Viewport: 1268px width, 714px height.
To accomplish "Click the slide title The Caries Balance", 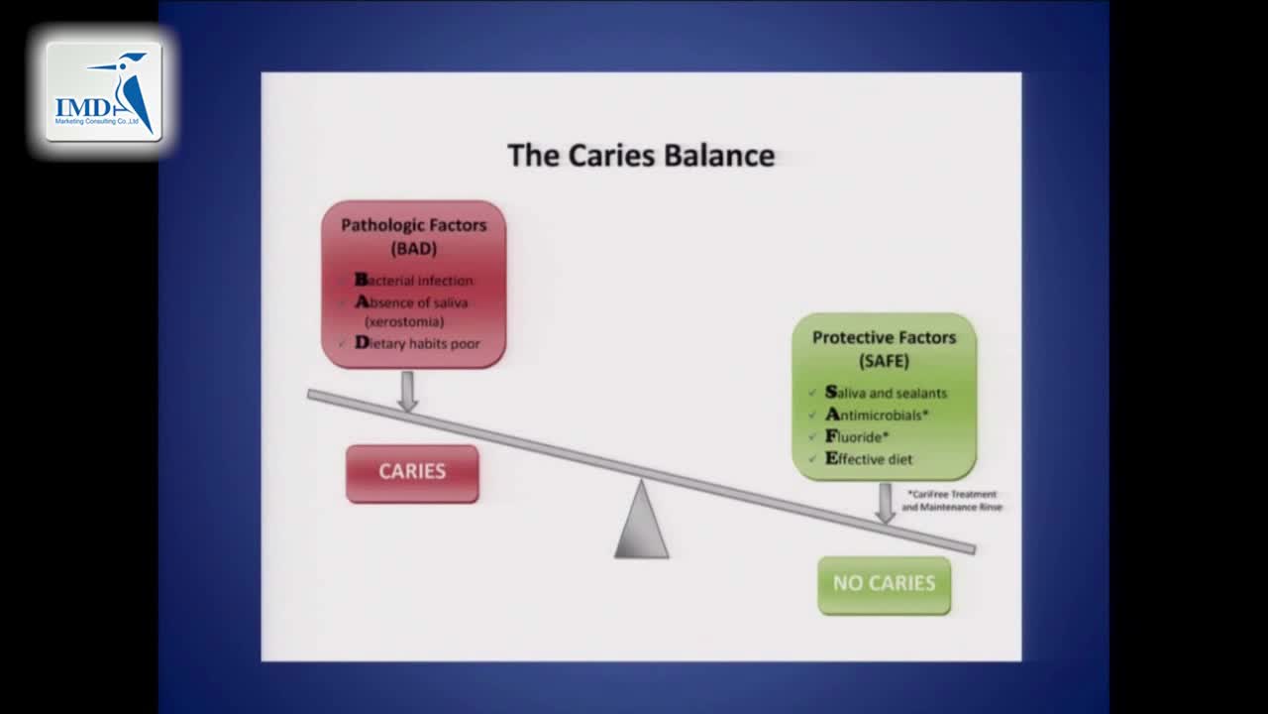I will point(641,156).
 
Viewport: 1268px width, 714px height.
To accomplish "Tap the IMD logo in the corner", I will point(104,91).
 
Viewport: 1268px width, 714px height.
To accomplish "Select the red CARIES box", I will point(412,472).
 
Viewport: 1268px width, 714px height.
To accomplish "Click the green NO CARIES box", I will point(884,583).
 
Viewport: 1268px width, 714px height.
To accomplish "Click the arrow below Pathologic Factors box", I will point(407,390).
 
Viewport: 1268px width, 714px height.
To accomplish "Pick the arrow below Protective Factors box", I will point(885,502).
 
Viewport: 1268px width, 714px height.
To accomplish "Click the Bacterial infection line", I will point(414,281).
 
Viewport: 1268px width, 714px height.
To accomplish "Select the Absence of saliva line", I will point(411,302).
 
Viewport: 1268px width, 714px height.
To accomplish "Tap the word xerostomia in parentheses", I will point(404,321).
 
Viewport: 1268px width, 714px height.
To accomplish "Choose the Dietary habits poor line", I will point(417,343).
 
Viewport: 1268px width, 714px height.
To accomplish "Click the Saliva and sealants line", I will point(886,393).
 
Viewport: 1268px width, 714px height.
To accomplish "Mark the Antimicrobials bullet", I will point(877,415).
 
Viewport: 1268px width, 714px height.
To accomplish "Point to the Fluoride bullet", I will point(857,436).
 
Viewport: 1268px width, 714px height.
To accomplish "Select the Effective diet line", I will point(869,459).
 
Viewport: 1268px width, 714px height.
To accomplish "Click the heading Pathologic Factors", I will point(414,225).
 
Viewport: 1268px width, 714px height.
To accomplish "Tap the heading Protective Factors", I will point(884,337).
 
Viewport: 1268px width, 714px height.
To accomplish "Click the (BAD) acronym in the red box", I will point(414,248).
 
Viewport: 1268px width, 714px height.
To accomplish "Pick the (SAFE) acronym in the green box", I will point(884,361).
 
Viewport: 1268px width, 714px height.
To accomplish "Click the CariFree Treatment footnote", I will point(952,500).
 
